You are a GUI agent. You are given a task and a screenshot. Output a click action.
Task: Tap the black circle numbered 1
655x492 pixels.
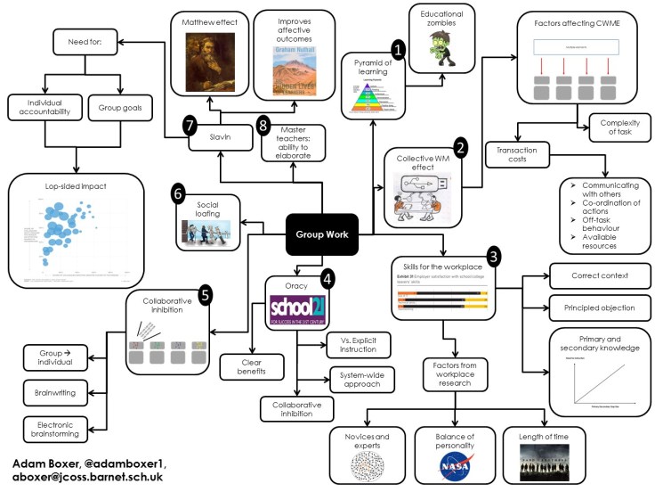point(398,51)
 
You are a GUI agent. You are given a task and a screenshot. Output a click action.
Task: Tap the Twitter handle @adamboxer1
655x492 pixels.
point(141,463)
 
